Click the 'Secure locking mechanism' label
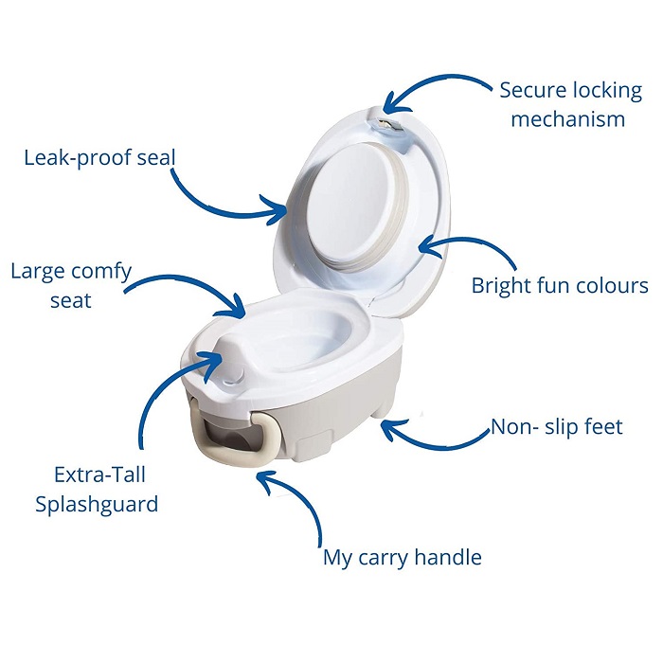(570, 104)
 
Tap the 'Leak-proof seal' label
(99, 158)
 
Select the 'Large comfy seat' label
(71, 286)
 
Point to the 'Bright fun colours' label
(560, 285)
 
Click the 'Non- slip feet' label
(557, 426)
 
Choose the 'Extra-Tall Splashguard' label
(97, 490)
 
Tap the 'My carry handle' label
(403, 558)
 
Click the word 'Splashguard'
(97, 504)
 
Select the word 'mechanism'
(568, 118)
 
